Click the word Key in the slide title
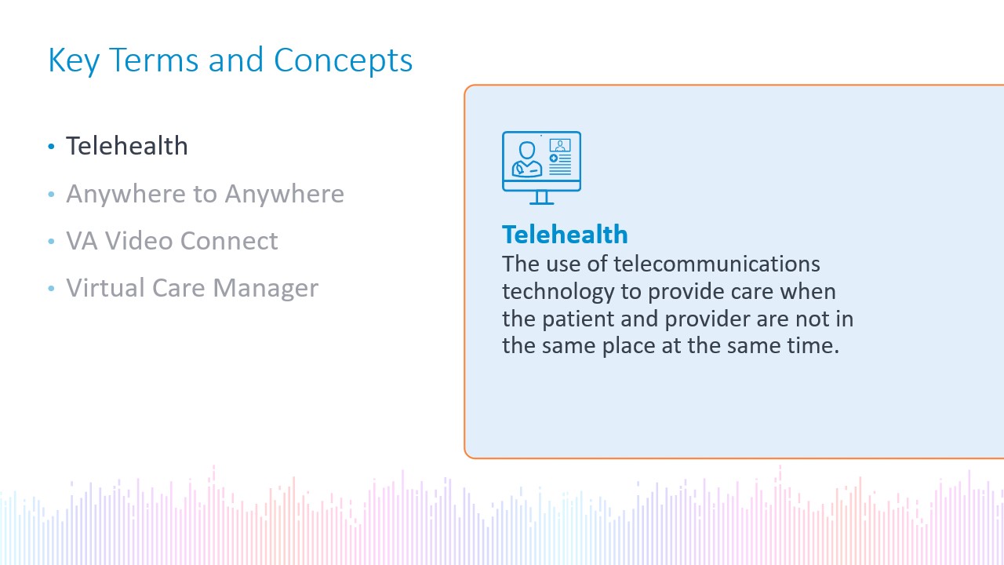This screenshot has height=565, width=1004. point(74,60)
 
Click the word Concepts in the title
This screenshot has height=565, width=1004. point(343,60)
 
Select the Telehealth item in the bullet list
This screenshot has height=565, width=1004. point(127,146)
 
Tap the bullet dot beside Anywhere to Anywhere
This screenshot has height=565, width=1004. point(51,194)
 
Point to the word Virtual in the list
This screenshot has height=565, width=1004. point(105,287)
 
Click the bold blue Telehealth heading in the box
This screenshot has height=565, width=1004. point(565,235)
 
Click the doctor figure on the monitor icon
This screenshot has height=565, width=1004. point(527,159)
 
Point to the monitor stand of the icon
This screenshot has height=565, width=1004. point(541,198)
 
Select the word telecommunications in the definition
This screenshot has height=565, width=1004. point(717,264)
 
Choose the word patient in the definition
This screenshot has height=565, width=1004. point(578,319)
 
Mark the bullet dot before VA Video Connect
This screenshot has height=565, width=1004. point(51,241)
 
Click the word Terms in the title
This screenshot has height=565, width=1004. point(154,60)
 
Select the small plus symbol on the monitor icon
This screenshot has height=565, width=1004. point(554,159)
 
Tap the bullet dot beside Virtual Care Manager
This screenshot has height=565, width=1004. point(51,288)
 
